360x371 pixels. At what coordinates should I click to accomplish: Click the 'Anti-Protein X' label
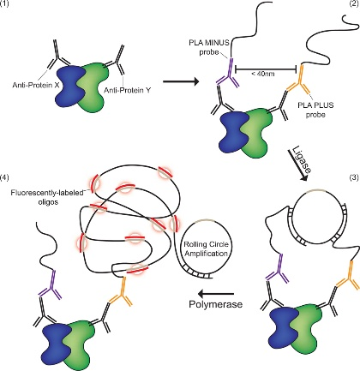click(x=36, y=85)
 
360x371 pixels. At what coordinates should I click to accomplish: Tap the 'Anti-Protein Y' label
click(x=128, y=90)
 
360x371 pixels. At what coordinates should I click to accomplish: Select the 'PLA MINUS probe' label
click(x=209, y=47)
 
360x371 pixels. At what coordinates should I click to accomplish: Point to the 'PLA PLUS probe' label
click(x=315, y=110)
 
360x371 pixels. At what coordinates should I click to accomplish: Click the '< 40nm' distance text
click(x=263, y=74)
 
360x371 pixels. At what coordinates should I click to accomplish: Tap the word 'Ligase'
click(x=303, y=160)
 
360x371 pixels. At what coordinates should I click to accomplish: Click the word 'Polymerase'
click(x=216, y=304)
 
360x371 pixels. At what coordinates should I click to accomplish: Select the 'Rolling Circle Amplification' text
click(x=206, y=249)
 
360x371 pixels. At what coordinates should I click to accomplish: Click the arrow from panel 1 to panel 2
click(x=181, y=82)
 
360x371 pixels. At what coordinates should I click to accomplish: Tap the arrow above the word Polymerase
click(x=216, y=293)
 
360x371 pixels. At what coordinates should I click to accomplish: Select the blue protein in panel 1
click(x=69, y=87)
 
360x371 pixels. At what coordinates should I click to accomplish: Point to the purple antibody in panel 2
click(x=229, y=74)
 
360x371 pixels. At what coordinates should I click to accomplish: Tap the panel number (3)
click(x=355, y=177)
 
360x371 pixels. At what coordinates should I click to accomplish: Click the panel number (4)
click(x=5, y=177)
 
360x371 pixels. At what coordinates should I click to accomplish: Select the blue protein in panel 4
click(x=56, y=344)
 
